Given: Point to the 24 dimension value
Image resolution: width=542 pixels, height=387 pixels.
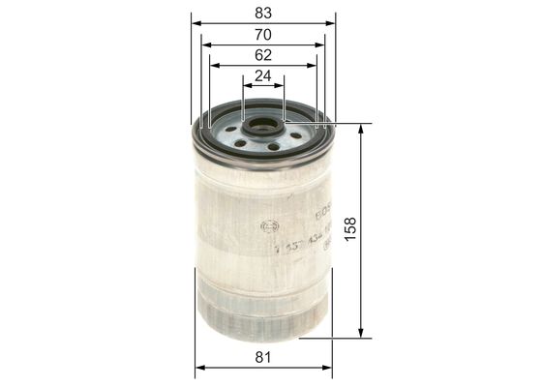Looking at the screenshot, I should click(263, 75).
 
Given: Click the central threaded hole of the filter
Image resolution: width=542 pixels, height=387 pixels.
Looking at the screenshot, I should click(263, 126).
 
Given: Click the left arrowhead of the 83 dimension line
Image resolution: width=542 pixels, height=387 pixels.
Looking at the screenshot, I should click(196, 23).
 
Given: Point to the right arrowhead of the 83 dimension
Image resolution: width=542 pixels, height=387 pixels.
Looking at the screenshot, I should click(331, 23).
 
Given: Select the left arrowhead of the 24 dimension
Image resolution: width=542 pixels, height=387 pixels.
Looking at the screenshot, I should click(247, 86).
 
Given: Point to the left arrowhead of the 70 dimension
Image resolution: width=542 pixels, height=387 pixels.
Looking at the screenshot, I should click(205, 44).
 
